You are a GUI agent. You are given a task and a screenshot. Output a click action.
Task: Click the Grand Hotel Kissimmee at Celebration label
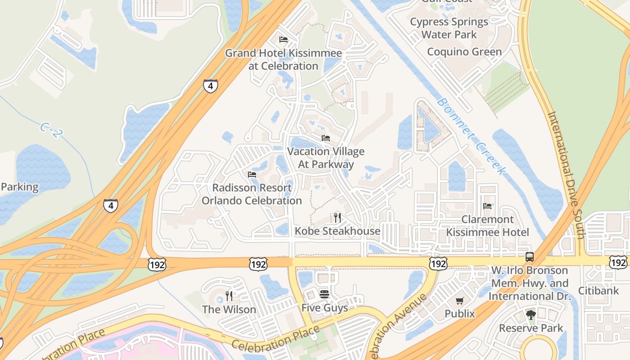tap(283, 59)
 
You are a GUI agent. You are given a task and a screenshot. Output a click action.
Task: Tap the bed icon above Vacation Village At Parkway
tap(326, 138)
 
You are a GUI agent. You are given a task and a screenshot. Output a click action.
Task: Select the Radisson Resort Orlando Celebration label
tap(252, 194)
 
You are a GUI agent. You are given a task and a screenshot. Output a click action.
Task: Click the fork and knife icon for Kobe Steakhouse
tap(337, 218)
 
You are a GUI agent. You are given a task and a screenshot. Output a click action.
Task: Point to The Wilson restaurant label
tap(229, 310)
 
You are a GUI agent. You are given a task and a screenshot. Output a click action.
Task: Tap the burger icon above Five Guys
tap(324, 294)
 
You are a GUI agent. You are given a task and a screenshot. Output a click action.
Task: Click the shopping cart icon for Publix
tap(459, 301)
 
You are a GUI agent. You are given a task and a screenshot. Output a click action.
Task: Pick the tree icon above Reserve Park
tap(531, 315)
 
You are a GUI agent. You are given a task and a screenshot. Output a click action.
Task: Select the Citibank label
tap(598, 291)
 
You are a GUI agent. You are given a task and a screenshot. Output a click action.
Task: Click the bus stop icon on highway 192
tap(530, 257)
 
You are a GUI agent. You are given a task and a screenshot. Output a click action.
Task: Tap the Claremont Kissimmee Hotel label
tap(487, 226)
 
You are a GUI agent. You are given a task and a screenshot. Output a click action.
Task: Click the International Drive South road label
tap(566, 175)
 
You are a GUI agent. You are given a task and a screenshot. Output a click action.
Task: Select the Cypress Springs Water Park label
tap(449, 28)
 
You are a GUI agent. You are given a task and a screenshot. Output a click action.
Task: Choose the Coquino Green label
tap(464, 52)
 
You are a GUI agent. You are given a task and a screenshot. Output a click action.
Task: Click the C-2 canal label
tap(50, 129)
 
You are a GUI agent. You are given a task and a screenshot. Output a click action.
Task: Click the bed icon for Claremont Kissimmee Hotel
tap(487, 206)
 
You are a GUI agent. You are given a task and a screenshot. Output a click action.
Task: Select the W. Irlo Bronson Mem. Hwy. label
tap(530, 283)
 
